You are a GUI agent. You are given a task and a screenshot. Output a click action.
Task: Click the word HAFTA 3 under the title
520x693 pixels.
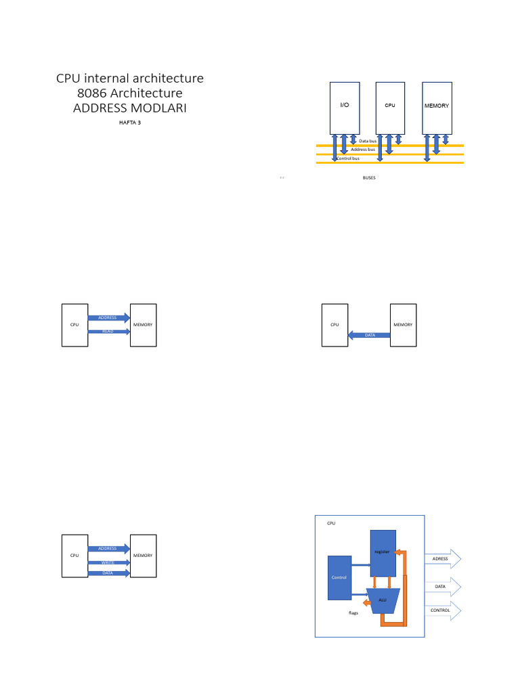pos(129,122)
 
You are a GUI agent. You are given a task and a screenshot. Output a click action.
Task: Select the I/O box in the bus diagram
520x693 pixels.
pos(344,108)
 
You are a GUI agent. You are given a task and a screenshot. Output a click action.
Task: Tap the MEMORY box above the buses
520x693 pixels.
pos(436,108)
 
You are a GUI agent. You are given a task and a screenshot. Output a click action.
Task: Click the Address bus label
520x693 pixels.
pos(363,150)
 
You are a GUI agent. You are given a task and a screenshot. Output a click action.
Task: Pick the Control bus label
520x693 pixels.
pos(348,158)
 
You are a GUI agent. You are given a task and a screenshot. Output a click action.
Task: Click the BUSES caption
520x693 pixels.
pos(369,177)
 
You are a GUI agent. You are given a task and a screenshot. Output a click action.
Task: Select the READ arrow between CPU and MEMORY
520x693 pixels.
pos(108,332)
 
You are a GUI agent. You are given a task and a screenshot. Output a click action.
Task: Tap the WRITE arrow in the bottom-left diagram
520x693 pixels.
pos(108,562)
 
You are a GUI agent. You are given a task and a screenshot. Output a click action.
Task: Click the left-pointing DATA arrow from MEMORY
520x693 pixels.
pos(369,335)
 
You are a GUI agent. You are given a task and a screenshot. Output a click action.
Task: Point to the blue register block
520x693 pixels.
pos(382,553)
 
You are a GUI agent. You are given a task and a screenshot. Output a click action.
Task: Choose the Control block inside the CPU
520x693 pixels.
pos(339,577)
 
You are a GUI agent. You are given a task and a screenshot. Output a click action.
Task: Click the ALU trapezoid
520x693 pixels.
pos(383,600)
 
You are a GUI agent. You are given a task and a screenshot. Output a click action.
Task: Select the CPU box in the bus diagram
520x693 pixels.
pos(390,108)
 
